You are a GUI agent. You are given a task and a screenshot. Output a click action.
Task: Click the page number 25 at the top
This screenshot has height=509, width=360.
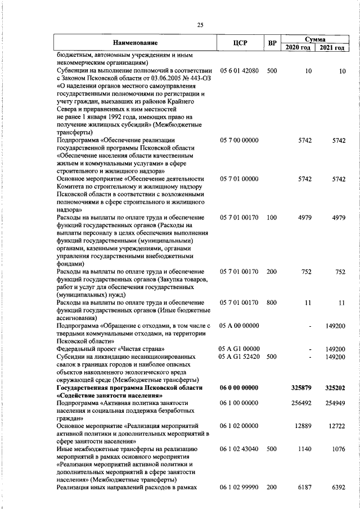click(200, 25)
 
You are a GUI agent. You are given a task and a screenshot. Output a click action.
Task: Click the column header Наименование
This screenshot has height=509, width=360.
click(134, 43)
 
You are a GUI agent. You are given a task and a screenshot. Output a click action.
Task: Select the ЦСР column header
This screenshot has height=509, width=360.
click(240, 43)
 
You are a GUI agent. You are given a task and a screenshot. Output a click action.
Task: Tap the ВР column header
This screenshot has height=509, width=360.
click(272, 43)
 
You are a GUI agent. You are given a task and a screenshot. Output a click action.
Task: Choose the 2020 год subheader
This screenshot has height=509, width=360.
click(298, 48)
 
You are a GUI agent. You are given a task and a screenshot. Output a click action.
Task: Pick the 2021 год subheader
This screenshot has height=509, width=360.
click(331, 48)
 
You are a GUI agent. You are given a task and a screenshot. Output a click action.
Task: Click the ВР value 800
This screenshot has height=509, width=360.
click(272, 303)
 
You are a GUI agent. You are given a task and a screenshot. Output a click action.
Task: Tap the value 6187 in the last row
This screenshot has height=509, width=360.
click(303, 488)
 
